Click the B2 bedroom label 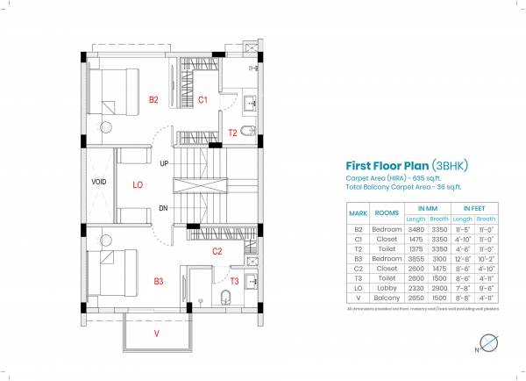coord(153,100)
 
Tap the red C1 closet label coord(203,100)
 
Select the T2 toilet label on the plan coord(232,133)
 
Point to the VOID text coord(99,183)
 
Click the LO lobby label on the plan coord(138,184)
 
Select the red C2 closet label coord(217,251)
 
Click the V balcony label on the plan coord(157,334)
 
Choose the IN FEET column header coord(472,209)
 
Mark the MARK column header coord(358,213)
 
